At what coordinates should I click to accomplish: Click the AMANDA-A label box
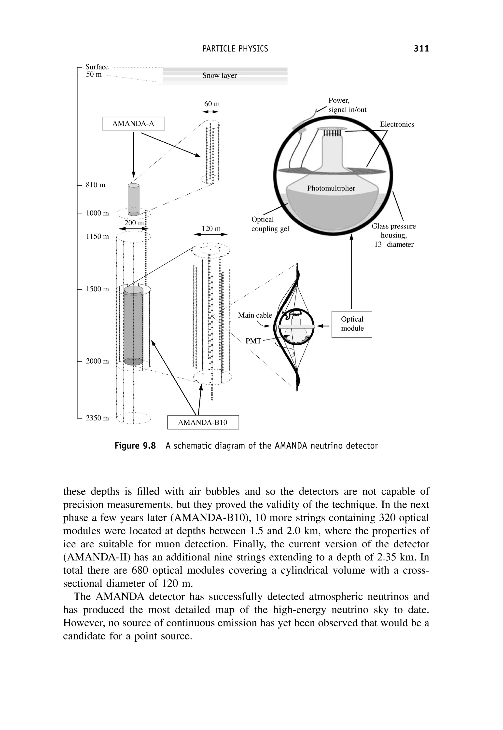133,123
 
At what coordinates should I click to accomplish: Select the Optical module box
352,324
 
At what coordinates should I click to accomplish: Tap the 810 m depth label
96,185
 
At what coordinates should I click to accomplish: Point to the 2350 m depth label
97,418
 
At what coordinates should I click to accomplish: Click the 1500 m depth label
97,289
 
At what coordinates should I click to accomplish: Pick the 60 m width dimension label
212,104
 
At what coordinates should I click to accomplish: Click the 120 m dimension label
211,228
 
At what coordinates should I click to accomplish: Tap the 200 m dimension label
134,223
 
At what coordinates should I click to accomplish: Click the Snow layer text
219,75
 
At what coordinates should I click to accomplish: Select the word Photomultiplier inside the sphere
331,188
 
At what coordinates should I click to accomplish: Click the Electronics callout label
397,124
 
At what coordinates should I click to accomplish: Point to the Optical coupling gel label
270,224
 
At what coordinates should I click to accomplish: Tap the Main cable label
255,315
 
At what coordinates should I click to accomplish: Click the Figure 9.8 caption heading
135,446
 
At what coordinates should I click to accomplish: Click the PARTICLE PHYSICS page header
235,49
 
